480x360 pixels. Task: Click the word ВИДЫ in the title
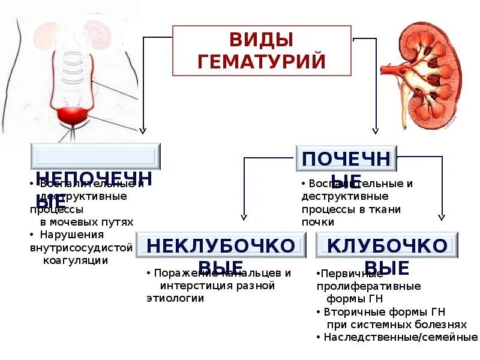[262, 41]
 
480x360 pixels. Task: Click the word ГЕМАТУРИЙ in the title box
[262, 61]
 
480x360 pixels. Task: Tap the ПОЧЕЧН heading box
[346, 159]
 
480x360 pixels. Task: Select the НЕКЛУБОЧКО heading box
[221, 245]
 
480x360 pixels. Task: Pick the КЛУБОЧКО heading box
[386, 245]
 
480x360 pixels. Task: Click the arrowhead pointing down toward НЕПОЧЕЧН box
[143, 130]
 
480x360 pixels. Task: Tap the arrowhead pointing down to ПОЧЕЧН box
[375, 130]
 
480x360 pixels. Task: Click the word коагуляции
[76, 260]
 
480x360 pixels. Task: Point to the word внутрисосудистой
[80, 247]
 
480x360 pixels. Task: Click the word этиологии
[175, 298]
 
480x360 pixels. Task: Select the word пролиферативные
[368, 286]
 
